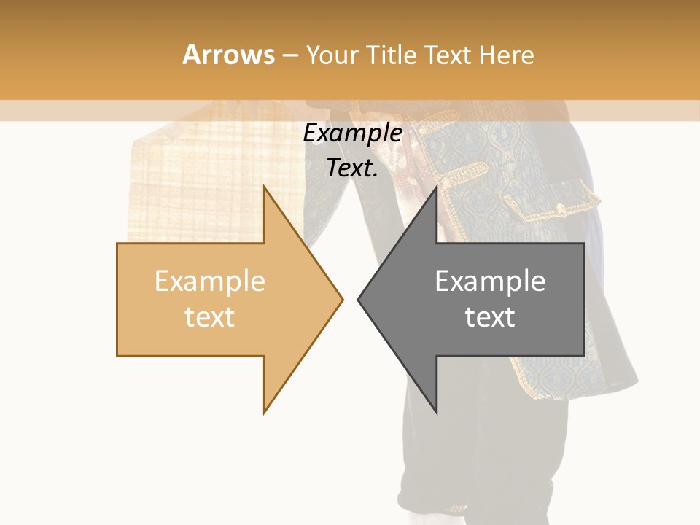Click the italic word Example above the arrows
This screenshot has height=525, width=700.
pyautogui.click(x=353, y=133)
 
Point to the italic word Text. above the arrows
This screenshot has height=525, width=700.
pyautogui.click(x=353, y=168)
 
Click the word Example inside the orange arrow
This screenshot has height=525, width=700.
pyautogui.click(x=210, y=281)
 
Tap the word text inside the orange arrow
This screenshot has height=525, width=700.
pyautogui.click(x=210, y=317)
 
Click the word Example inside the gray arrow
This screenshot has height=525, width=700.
pyautogui.click(x=490, y=281)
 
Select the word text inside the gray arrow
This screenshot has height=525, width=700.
pyautogui.click(x=490, y=317)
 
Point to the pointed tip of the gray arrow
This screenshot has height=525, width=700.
pyautogui.click(x=359, y=299)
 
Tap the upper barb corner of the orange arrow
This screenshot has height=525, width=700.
pyautogui.click(x=265, y=187)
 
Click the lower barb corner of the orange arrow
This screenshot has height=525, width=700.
pyautogui.click(x=265, y=412)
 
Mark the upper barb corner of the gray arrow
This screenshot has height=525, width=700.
pyautogui.click(x=436, y=187)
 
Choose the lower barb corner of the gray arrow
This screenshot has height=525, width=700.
pyautogui.click(x=436, y=412)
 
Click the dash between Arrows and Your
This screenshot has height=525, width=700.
pyautogui.click(x=289, y=55)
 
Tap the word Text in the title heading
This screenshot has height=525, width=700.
pyautogui.click(x=450, y=55)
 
